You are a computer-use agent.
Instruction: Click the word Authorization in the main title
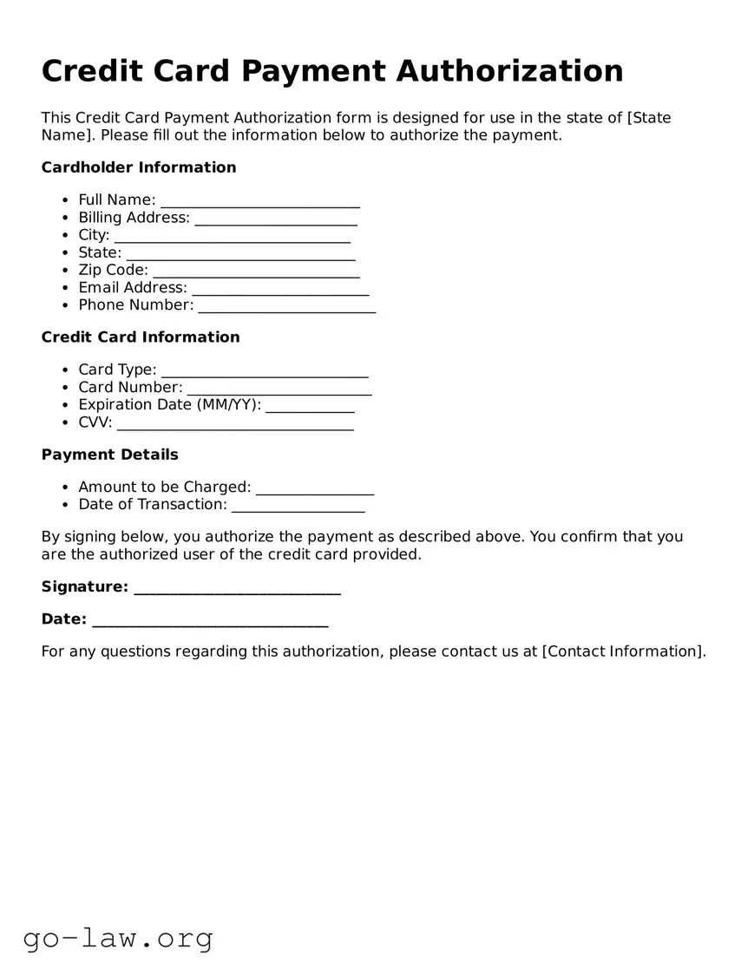tap(509, 71)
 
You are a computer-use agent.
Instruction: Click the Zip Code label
tap(113, 270)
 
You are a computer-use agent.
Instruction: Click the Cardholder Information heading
tap(139, 167)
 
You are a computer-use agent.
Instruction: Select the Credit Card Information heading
tap(141, 337)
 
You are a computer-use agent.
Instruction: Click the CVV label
tap(95, 422)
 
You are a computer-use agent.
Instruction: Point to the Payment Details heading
tap(110, 455)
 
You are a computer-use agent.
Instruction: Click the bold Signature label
tap(85, 586)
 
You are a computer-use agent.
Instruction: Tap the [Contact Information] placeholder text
tap(624, 651)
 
